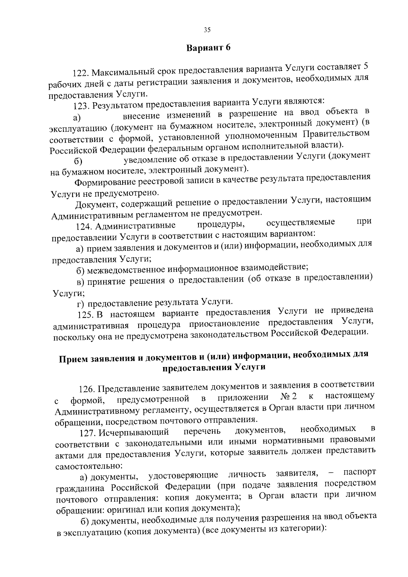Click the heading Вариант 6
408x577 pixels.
[208, 48]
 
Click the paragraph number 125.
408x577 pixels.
[85, 315]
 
